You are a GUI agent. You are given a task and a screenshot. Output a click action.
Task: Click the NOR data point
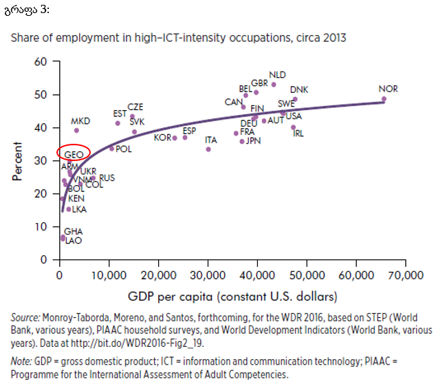pos(384,99)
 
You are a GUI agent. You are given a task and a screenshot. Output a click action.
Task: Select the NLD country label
pos(277,74)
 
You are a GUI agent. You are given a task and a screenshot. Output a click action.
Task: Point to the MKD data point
pos(76,130)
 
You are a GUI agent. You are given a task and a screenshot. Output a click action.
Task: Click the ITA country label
pos(211,140)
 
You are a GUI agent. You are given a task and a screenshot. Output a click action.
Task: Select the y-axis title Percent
pos(17,161)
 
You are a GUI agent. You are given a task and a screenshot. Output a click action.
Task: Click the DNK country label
pos(299,90)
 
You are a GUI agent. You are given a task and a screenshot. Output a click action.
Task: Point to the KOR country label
pos(162,138)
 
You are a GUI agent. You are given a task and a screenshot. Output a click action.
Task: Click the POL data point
pos(111,148)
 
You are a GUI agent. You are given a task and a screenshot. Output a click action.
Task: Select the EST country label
pos(120,114)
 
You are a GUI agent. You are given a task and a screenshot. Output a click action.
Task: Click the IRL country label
pos(298,133)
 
